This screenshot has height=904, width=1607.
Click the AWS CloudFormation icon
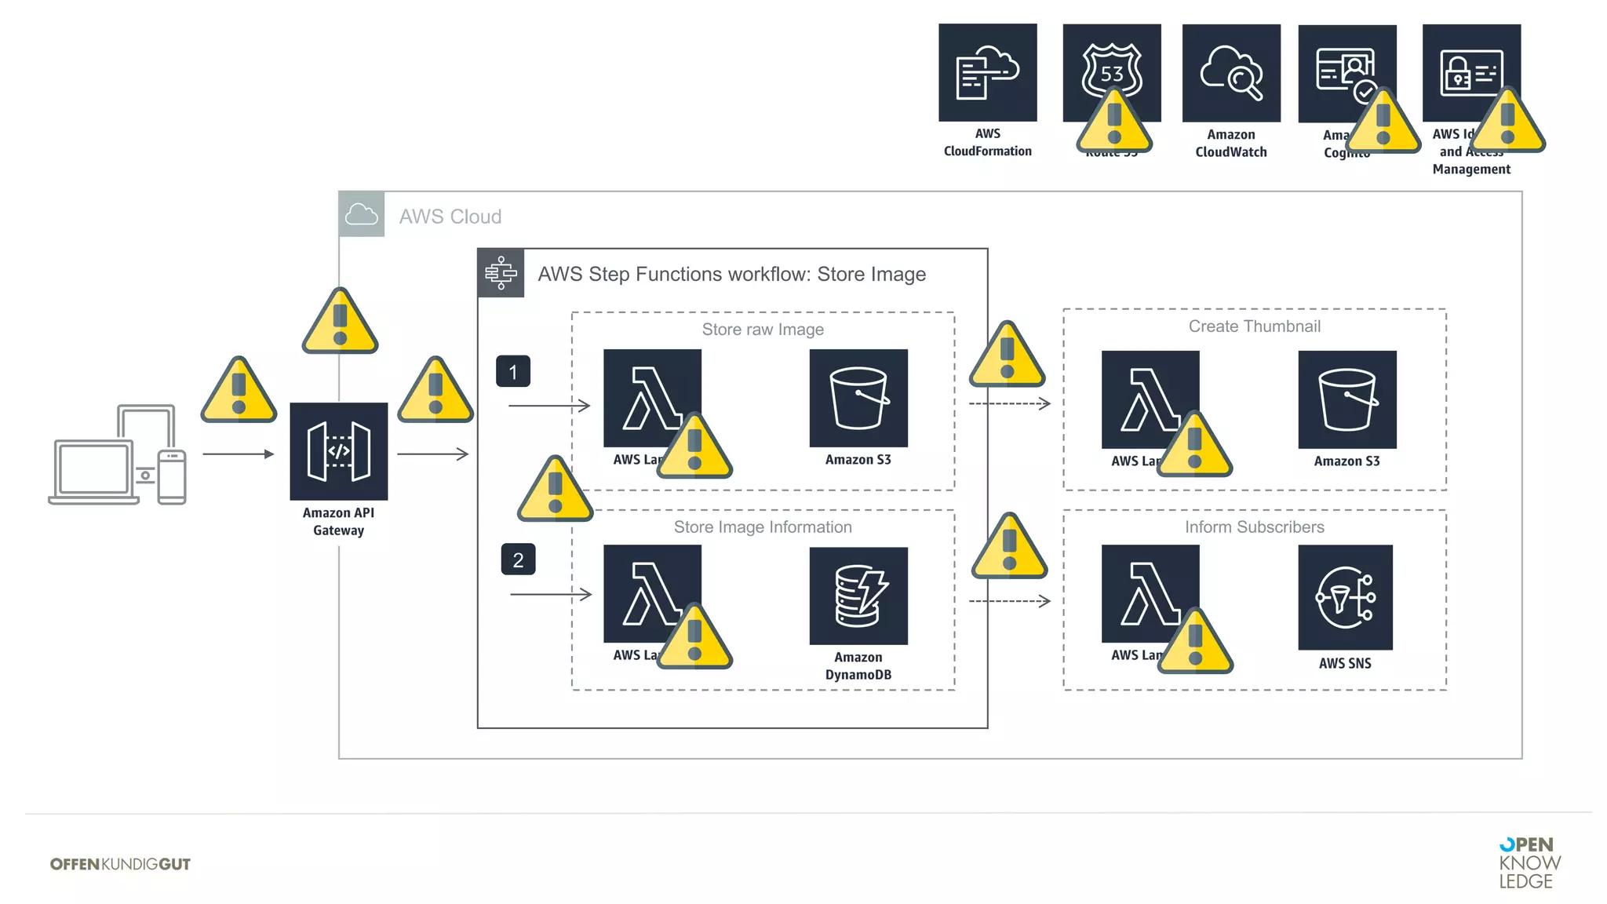[987, 73]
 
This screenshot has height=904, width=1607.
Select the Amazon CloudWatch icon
[1230, 73]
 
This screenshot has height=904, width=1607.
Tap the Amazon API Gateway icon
[338, 451]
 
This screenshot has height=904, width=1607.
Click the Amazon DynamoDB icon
[858, 596]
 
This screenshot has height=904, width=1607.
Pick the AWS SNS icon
[1345, 597]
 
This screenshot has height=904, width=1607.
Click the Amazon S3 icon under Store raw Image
[858, 398]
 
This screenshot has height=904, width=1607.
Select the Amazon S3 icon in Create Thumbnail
[1346, 399]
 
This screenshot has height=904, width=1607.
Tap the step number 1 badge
[513, 371]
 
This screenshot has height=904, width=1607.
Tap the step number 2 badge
[518, 560]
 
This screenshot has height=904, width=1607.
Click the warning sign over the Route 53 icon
[1113, 122]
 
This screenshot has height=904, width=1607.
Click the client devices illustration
[118, 455]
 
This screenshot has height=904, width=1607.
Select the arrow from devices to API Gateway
[238, 454]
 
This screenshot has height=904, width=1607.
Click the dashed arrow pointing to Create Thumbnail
[1009, 403]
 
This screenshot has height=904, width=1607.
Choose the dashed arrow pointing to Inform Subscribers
[1009, 601]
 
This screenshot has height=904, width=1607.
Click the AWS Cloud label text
[450, 217]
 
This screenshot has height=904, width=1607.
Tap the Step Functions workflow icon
[501, 273]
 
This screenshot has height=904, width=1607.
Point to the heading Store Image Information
[763, 527]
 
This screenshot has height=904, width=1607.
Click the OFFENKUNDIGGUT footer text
[120, 864]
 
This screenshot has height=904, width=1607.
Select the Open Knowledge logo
[1529, 862]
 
